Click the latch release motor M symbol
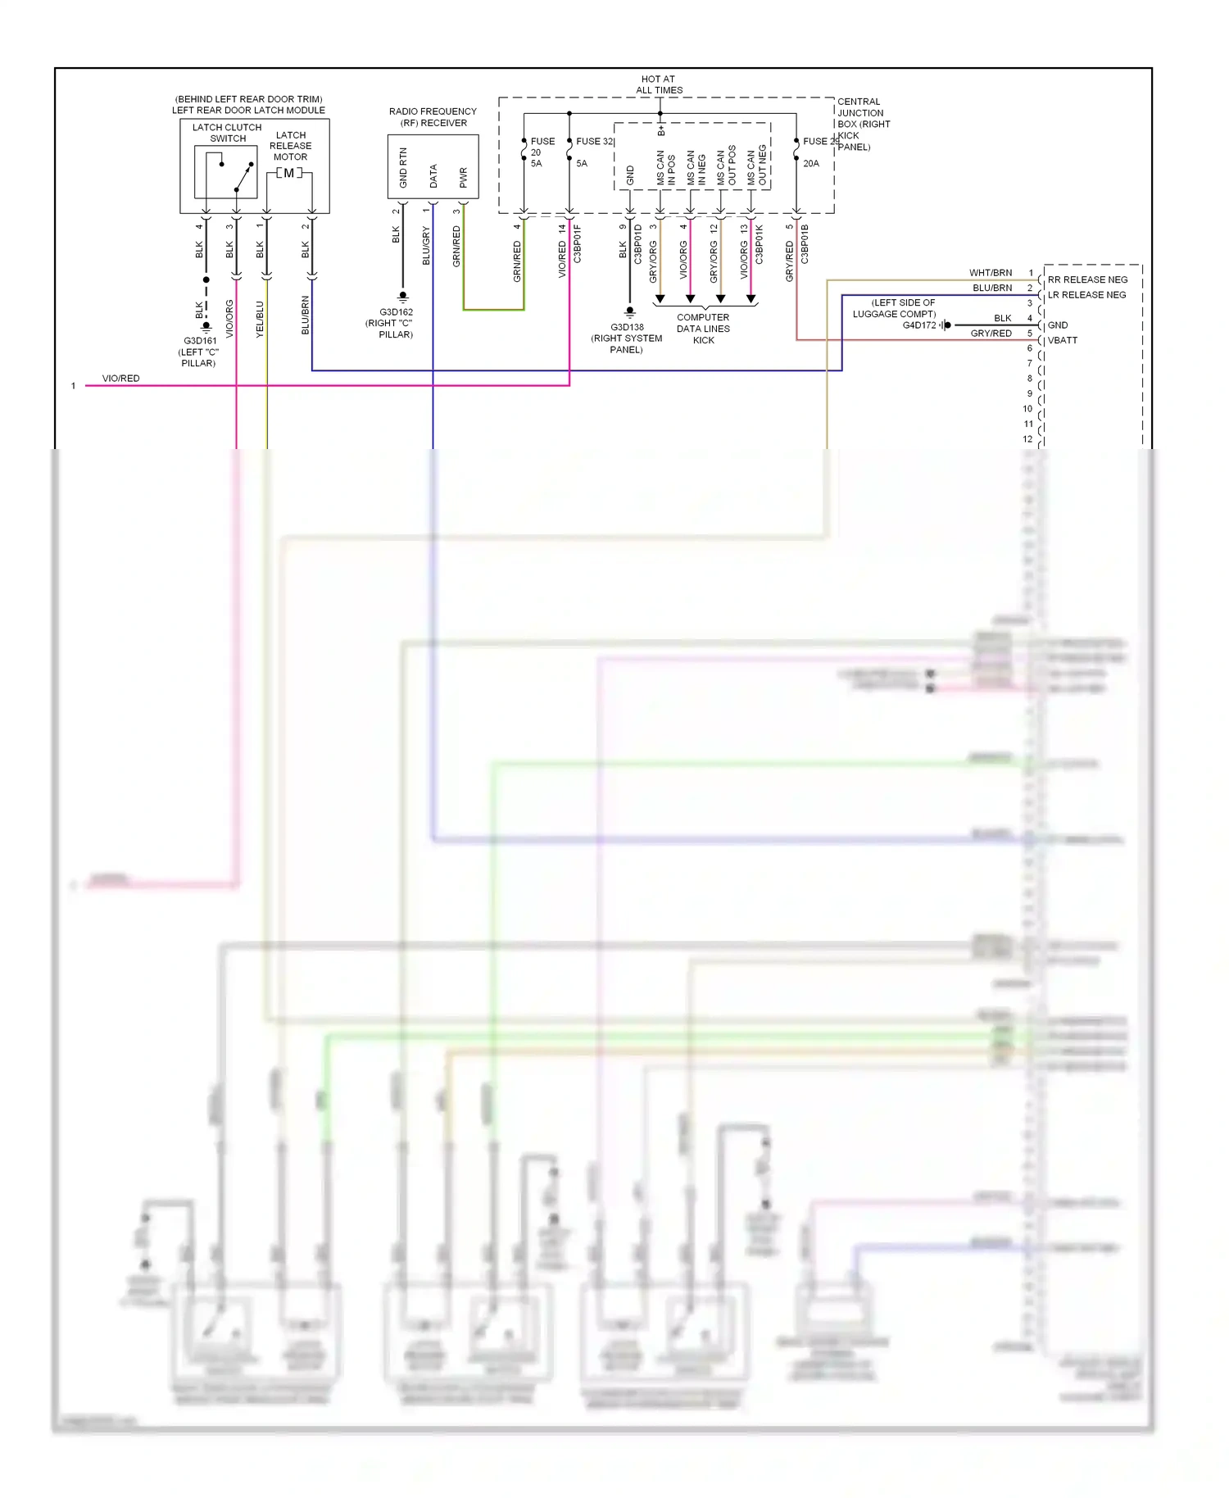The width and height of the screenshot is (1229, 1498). [288, 173]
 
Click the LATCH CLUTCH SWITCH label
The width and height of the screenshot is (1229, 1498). [227, 133]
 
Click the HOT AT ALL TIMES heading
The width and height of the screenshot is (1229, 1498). [659, 84]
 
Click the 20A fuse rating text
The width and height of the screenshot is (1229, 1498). [810, 163]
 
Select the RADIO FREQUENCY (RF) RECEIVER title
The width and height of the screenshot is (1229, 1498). [433, 117]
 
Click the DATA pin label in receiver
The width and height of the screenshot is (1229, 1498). [433, 176]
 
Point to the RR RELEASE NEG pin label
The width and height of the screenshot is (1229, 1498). [1087, 279]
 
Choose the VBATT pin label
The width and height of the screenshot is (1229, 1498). [1062, 340]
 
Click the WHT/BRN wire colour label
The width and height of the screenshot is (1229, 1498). [991, 273]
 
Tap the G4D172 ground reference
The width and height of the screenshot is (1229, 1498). [918, 325]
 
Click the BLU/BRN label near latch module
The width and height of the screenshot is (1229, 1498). [306, 315]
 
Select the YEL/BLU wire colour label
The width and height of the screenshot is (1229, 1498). [260, 319]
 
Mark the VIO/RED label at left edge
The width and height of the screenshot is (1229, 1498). [120, 379]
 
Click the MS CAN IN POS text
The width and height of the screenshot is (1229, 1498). [665, 168]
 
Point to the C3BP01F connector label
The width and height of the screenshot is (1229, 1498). [578, 243]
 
